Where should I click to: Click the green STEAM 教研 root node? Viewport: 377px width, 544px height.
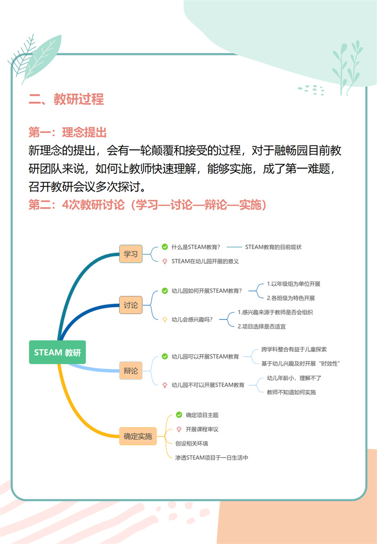click(x=57, y=352)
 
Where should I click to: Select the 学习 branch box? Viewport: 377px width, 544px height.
click(x=131, y=254)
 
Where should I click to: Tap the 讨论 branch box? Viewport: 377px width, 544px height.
click(x=131, y=305)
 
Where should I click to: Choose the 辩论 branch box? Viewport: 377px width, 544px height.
click(x=131, y=371)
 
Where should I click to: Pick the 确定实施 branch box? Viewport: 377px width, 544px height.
click(x=138, y=436)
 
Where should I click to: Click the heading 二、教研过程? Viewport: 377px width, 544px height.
click(x=66, y=99)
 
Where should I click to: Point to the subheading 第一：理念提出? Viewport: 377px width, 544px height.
click(x=68, y=132)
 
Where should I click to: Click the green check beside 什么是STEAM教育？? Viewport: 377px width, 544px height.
click(x=165, y=247)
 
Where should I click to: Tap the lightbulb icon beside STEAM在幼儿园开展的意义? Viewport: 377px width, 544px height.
click(x=165, y=261)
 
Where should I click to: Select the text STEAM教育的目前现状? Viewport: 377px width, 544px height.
click(x=273, y=247)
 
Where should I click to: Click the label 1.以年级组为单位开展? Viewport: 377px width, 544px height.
click(x=293, y=284)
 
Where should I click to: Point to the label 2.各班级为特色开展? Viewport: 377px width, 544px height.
click(x=291, y=298)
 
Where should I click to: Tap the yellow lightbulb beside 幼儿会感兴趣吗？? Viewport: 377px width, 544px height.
click(x=165, y=319)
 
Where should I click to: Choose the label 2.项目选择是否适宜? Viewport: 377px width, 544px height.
click(x=261, y=327)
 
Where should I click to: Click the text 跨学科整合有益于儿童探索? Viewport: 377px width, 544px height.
click(x=294, y=349)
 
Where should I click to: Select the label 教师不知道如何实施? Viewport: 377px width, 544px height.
click(x=291, y=392)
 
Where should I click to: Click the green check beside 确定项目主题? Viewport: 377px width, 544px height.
click(x=179, y=415)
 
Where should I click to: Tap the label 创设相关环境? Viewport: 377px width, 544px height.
click(x=192, y=443)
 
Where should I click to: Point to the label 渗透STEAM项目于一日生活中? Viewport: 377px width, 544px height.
click(x=212, y=458)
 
